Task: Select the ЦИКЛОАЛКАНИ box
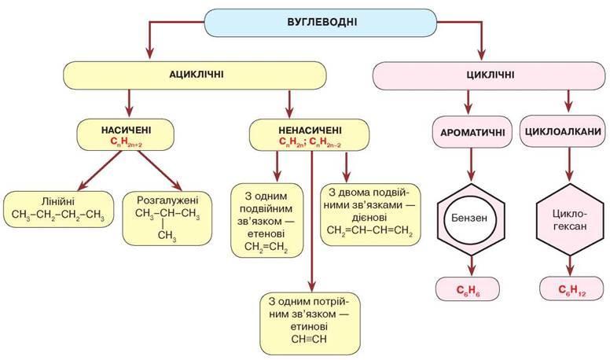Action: point(564,131)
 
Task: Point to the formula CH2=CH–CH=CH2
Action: point(369,230)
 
